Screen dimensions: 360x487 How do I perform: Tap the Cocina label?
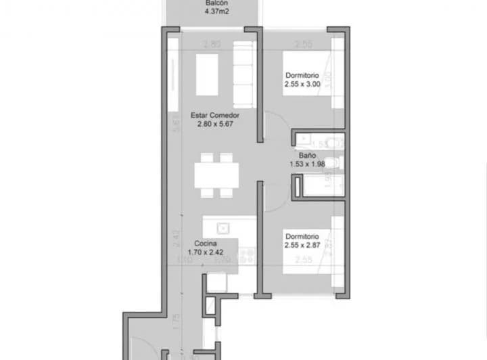[x=206, y=244]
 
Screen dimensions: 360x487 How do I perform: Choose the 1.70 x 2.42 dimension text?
[x=206, y=252]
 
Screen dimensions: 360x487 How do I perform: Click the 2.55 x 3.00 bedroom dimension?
[x=305, y=85]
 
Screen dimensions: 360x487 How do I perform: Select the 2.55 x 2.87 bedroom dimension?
[x=305, y=246]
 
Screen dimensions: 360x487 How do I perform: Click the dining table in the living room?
[x=218, y=175]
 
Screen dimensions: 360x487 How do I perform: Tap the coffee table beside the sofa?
[x=207, y=74]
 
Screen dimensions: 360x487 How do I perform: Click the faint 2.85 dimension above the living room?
[x=212, y=45]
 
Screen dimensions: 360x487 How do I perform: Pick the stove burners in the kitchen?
[x=247, y=255]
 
